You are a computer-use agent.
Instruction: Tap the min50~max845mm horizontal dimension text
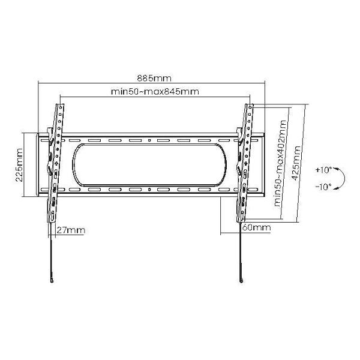point(155,92)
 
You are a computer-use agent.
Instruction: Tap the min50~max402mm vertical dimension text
point(279,163)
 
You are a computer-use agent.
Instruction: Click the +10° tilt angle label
point(323,170)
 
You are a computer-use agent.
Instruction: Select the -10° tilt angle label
point(323,187)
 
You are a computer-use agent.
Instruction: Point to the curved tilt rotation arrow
point(340,179)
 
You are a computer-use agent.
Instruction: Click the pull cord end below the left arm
point(53,281)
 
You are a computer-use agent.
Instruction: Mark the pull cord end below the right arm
point(241,281)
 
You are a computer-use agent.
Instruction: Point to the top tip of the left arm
point(60,104)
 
